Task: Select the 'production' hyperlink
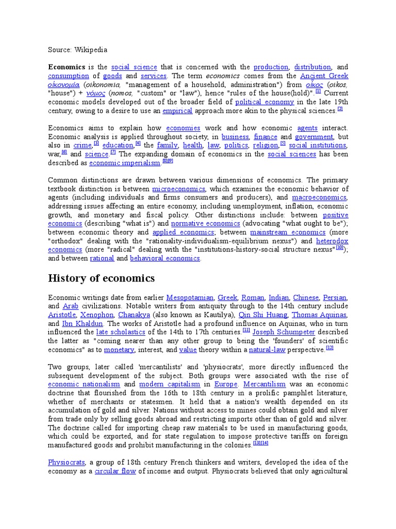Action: coord(271,67)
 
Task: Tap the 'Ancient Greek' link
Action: coord(324,76)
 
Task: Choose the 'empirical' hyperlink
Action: coord(177,111)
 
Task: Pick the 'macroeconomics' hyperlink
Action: coord(320,198)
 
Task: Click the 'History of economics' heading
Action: coord(101,278)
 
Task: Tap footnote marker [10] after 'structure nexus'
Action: coord(339,248)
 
